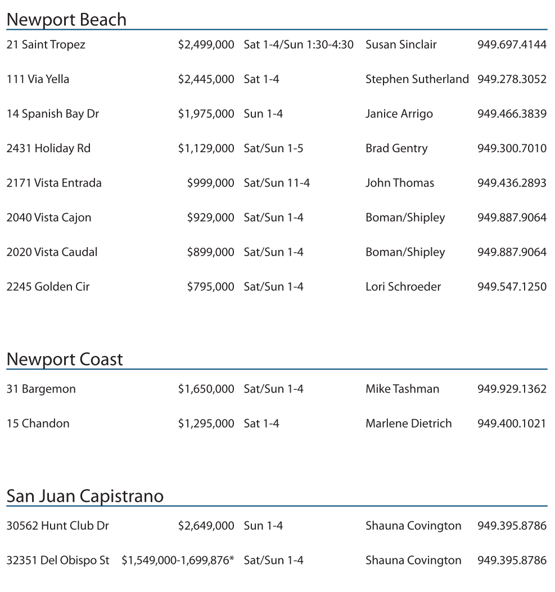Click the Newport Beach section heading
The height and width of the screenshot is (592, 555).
tap(66, 20)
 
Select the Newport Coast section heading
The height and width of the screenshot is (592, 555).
tap(64, 359)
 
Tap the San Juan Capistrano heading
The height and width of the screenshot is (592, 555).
tap(85, 497)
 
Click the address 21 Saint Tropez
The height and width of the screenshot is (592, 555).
tap(46, 44)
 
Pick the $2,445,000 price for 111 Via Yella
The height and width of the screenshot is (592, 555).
tap(206, 79)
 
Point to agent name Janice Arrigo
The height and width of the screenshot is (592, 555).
tap(399, 114)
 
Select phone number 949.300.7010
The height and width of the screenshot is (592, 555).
tap(512, 148)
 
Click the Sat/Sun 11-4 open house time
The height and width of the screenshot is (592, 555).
tap(277, 183)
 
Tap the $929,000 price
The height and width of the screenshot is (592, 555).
tap(210, 217)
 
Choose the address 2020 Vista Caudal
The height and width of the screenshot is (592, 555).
tap(52, 252)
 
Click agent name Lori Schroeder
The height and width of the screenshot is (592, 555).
tap(403, 286)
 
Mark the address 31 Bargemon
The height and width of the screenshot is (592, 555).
tap(41, 389)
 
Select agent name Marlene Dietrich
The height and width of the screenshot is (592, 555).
tap(408, 423)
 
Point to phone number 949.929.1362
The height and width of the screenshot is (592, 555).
tap(512, 389)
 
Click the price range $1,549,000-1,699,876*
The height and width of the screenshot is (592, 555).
tap(178, 561)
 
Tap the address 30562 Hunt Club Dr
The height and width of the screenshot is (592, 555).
tap(58, 526)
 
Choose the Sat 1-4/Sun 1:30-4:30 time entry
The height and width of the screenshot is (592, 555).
tap(299, 44)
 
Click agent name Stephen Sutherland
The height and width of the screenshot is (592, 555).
tap(417, 79)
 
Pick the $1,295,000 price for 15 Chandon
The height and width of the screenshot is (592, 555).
tap(206, 423)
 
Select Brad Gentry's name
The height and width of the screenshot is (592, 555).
tap(396, 148)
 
